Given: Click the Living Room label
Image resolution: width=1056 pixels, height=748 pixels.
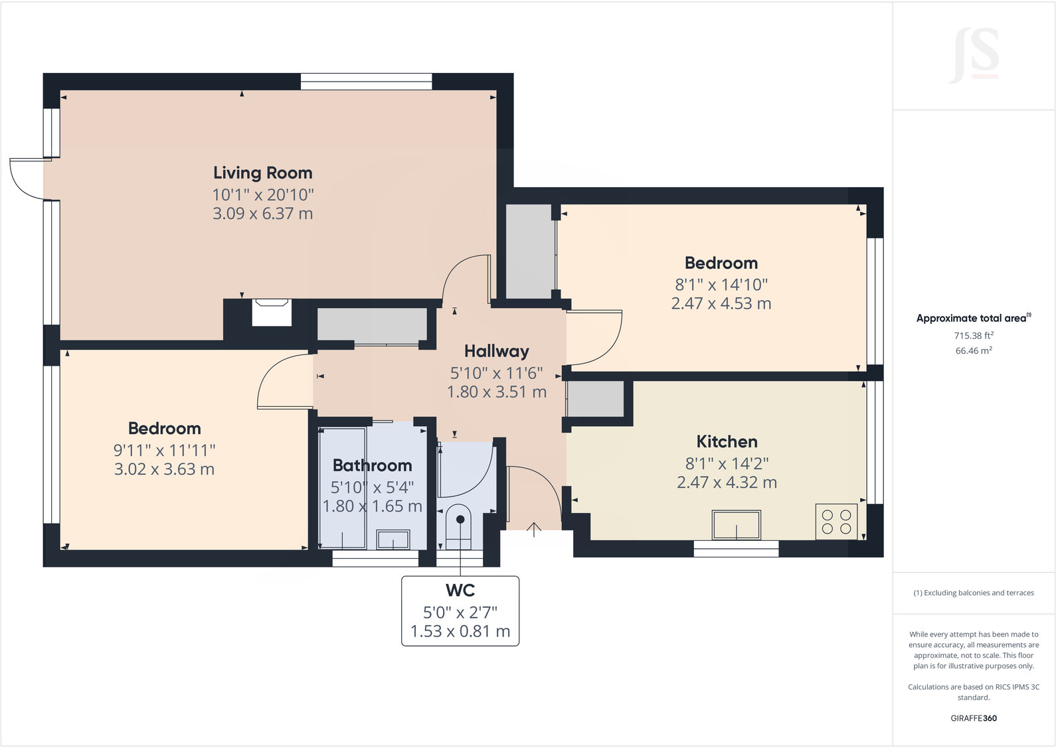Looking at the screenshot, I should [x=262, y=173].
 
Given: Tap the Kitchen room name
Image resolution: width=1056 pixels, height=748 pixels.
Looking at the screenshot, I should [x=727, y=442].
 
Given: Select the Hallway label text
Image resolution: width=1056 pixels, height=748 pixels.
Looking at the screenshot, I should [x=496, y=351].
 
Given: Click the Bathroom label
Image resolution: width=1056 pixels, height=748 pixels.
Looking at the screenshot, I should [x=372, y=465].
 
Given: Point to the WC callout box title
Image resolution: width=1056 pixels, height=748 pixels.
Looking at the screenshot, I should [x=460, y=590].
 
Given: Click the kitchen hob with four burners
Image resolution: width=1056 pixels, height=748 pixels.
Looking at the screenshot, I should [x=836, y=522].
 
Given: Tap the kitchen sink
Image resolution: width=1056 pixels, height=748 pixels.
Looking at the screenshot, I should [x=736, y=525].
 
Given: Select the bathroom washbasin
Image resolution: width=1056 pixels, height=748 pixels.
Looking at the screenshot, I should [x=393, y=539].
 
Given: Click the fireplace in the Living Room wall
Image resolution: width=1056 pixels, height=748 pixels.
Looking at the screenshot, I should [x=272, y=312].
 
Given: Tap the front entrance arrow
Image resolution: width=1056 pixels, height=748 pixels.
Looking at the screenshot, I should [x=534, y=529].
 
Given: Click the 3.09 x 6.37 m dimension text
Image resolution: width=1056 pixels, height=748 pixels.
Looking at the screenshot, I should [x=262, y=214].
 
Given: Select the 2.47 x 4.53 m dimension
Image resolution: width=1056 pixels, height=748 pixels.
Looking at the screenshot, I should [x=721, y=304].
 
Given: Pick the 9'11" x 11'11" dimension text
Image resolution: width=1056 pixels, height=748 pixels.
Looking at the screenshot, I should [x=164, y=450].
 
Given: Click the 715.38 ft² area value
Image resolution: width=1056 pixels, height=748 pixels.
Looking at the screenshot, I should [x=973, y=336].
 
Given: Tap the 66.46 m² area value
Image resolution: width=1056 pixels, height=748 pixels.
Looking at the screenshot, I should [x=973, y=350].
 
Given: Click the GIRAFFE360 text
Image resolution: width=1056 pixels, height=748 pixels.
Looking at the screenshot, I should [x=973, y=718].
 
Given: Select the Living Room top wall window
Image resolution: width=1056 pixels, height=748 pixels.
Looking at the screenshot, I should [x=366, y=82].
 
